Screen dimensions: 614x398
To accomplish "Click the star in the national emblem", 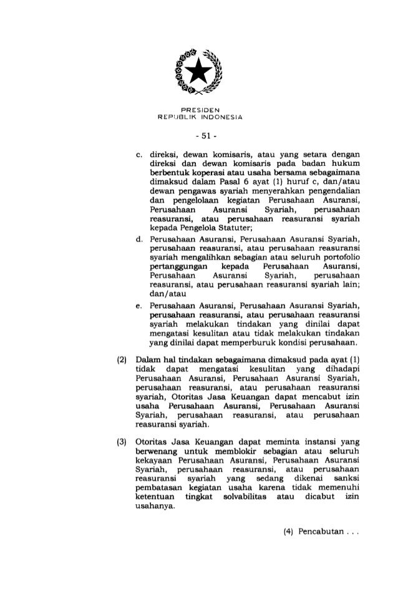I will point(199,74).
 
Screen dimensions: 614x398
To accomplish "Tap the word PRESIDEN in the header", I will point(200,110).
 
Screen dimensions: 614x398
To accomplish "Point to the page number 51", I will point(200,135).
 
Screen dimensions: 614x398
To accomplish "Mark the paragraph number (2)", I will point(123,361).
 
